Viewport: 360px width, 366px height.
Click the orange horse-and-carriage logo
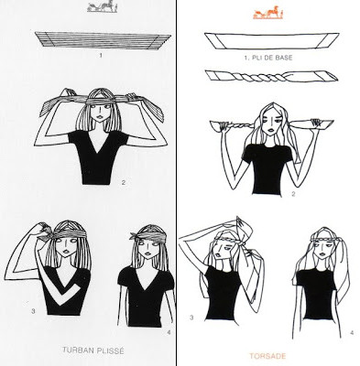[x=268, y=13]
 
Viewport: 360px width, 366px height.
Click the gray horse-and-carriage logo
[x=103, y=7]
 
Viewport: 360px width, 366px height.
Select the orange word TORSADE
[x=267, y=356]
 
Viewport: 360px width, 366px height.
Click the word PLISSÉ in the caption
[x=110, y=350]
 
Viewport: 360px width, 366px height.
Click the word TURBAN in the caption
[x=78, y=350]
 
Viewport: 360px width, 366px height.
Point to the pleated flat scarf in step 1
[x=103, y=39]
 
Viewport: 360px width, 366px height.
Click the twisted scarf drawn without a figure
[x=271, y=76]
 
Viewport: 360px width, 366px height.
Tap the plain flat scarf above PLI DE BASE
[x=272, y=41]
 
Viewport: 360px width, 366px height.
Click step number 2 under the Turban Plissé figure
[x=124, y=183]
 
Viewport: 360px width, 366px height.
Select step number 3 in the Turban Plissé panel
[x=33, y=311]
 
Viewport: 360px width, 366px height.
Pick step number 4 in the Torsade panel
[x=352, y=333]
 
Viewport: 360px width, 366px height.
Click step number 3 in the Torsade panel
[x=191, y=318]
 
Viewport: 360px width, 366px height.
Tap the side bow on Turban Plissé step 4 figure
[x=134, y=235]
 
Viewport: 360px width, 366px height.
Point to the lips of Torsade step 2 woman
[x=271, y=130]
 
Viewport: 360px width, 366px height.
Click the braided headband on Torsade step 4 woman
[x=322, y=241]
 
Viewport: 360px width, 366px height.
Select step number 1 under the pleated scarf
[x=101, y=55]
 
